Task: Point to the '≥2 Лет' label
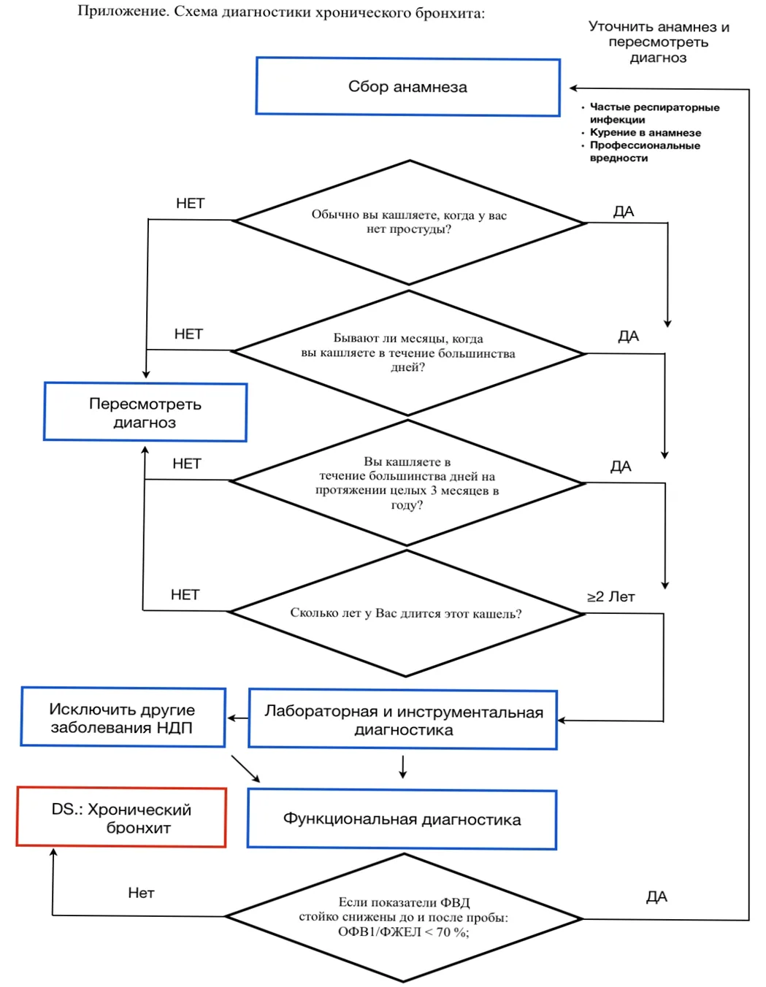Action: click(x=611, y=597)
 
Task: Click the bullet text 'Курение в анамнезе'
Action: click(x=645, y=133)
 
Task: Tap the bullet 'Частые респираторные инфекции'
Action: click(x=654, y=113)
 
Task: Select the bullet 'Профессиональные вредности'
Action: click(x=645, y=152)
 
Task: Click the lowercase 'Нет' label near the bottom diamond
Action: click(x=141, y=893)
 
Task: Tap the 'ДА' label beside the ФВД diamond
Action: click(x=656, y=896)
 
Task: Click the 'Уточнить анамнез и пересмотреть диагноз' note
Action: click(x=659, y=42)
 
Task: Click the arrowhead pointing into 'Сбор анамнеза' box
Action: click(x=572, y=88)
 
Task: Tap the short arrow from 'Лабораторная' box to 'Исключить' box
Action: click(x=237, y=718)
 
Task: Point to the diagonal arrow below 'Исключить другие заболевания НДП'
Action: click(x=246, y=769)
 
